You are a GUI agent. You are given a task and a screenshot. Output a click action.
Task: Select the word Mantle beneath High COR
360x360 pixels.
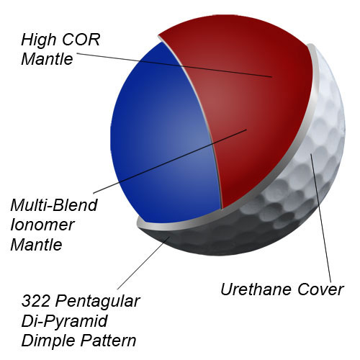click(47, 59)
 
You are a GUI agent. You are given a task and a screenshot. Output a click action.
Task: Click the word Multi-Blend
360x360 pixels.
click(54, 205)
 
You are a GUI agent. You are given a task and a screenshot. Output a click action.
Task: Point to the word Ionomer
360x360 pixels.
click(42, 225)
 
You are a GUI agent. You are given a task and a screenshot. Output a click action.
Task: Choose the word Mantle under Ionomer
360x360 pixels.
click(37, 245)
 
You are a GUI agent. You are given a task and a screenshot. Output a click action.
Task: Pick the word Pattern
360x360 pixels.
click(109, 341)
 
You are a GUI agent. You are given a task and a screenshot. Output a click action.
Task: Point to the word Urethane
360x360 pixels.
click(256, 289)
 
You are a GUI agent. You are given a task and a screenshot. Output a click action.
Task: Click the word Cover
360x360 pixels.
click(320, 289)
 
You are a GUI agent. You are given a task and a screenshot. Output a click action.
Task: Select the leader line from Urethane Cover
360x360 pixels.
click(321, 218)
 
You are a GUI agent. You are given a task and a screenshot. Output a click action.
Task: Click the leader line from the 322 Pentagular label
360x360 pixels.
click(144, 263)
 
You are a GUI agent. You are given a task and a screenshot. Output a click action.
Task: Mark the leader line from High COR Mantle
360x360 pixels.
click(174, 65)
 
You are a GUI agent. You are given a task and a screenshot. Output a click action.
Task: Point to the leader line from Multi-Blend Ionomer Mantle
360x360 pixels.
click(170, 161)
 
